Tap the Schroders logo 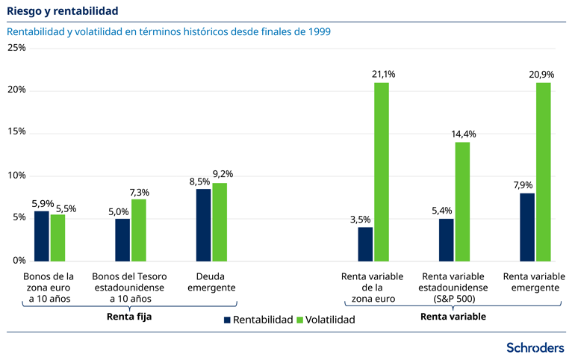(x=535, y=347)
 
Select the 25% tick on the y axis (x=16, y=48)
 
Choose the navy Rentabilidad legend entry (x=258, y=319)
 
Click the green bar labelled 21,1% (x=382, y=171)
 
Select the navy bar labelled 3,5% (x=365, y=243)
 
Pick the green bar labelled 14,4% (x=462, y=201)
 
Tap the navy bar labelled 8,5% (x=203, y=224)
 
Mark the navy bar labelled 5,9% (x=42, y=235)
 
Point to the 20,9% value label (x=544, y=75)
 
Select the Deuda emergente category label (x=211, y=282)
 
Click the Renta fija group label (x=130, y=316)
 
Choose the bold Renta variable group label (x=453, y=316)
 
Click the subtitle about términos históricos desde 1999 (x=169, y=32)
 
